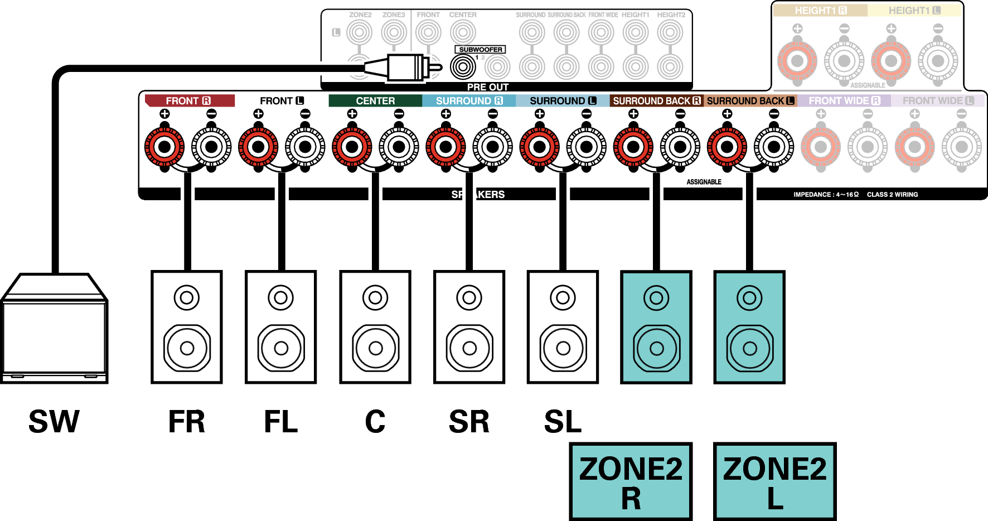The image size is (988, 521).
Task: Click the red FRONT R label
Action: [x=188, y=101]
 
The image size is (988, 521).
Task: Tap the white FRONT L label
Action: [x=282, y=101]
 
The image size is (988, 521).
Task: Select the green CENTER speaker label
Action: [x=375, y=101]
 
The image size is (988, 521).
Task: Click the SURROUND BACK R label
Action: [x=656, y=101]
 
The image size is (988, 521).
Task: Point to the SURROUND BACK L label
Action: [x=750, y=101]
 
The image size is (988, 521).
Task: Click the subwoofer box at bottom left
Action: [x=54, y=335]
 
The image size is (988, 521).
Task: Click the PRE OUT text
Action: [x=487, y=88]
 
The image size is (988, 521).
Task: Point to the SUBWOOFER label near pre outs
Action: [x=480, y=50]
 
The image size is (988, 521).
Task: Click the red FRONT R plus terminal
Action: [x=164, y=147]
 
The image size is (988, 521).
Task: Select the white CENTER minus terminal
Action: [x=399, y=147]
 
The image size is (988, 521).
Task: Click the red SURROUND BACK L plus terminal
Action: [x=727, y=147]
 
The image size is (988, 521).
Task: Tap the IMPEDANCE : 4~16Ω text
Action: [x=826, y=195]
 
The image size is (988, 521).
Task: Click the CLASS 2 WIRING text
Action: [x=892, y=195]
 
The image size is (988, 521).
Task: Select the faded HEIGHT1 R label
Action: [x=820, y=11]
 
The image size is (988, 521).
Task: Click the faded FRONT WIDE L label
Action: [x=938, y=101]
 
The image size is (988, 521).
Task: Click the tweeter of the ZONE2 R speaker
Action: [x=656, y=298]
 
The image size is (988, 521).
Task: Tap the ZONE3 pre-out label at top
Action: [x=394, y=15]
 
